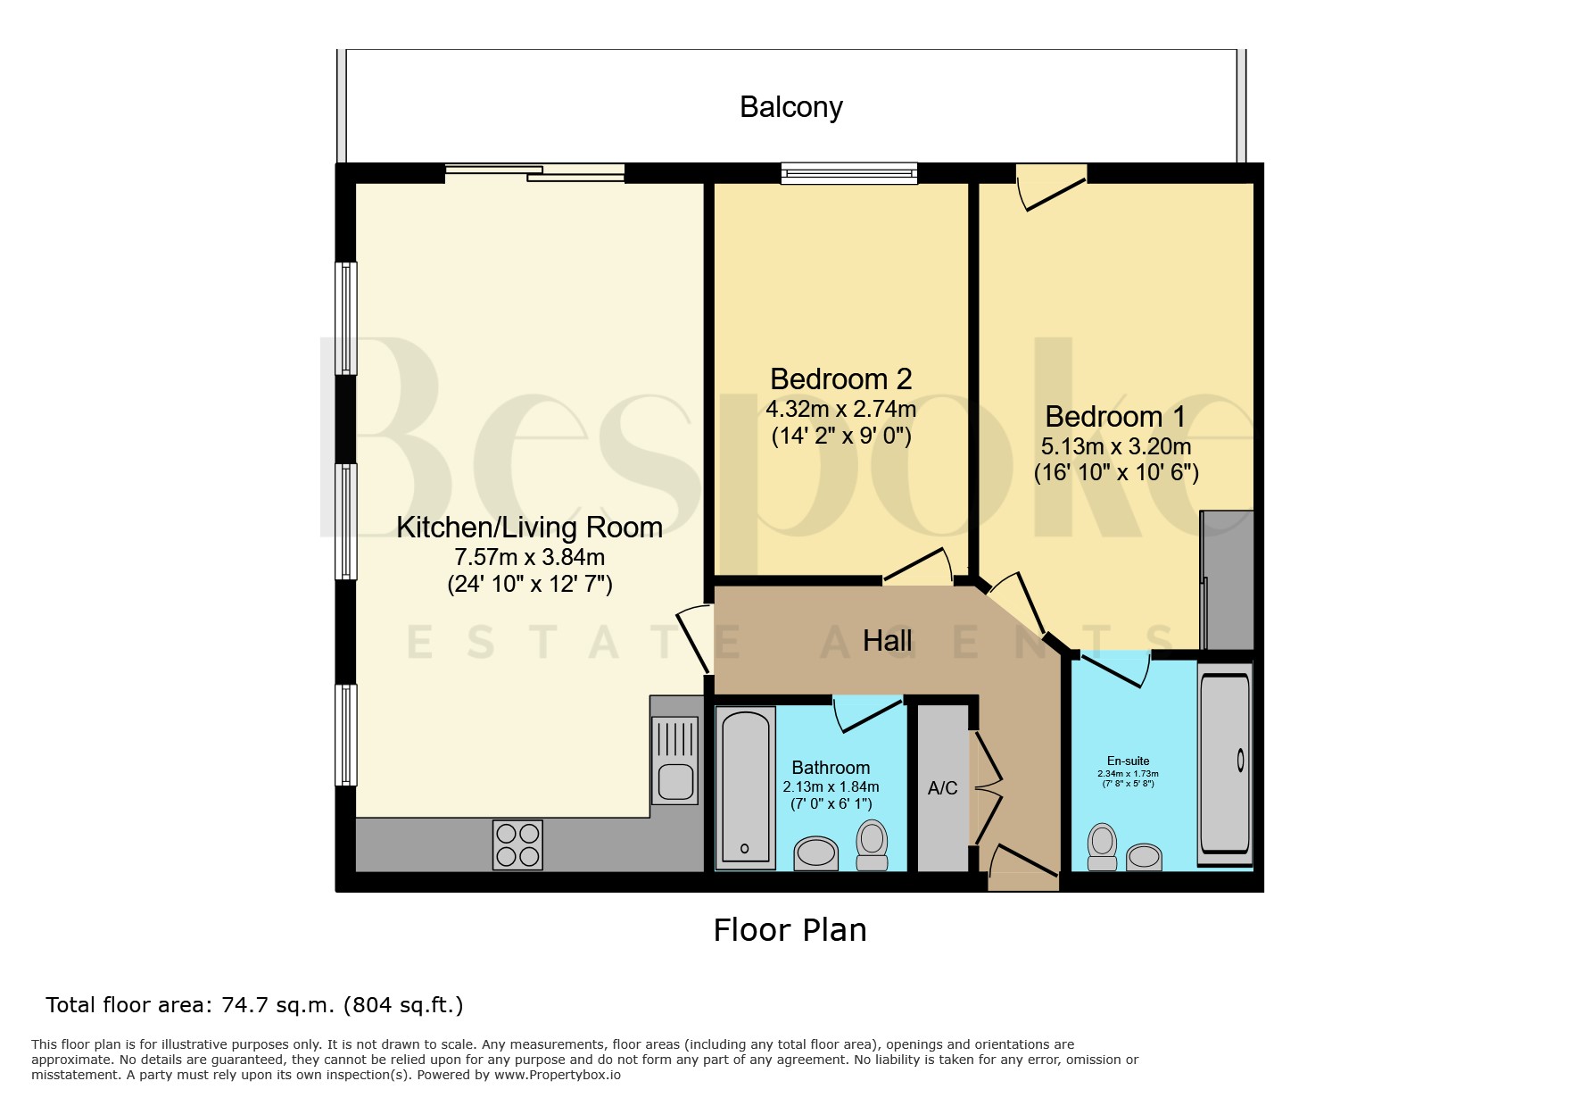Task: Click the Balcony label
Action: click(x=790, y=107)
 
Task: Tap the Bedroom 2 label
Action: click(x=840, y=379)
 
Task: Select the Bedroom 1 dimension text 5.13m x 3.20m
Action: click(x=1115, y=445)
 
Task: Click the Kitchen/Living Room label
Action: click(x=529, y=528)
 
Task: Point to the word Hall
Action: click(x=887, y=640)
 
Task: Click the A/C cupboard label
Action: click(x=942, y=788)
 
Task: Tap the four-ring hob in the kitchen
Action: click(x=517, y=844)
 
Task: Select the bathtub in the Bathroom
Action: click(x=745, y=788)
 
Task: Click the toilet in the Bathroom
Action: click(x=872, y=845)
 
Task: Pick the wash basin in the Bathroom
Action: click(x=815, y=852)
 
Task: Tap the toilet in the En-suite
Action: click(x=1103, y=846)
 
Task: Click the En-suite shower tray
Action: click(x=1225, y=765)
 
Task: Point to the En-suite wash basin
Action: click(x=1144, y=857)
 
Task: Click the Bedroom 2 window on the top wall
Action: click(x=849, y=173)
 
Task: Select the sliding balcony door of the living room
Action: click(x=534, y=173)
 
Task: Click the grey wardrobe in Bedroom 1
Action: click(x=1228, y=580)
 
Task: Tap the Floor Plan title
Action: click(x=790, y=930)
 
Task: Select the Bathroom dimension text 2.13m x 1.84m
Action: click(x=831, y=786)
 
